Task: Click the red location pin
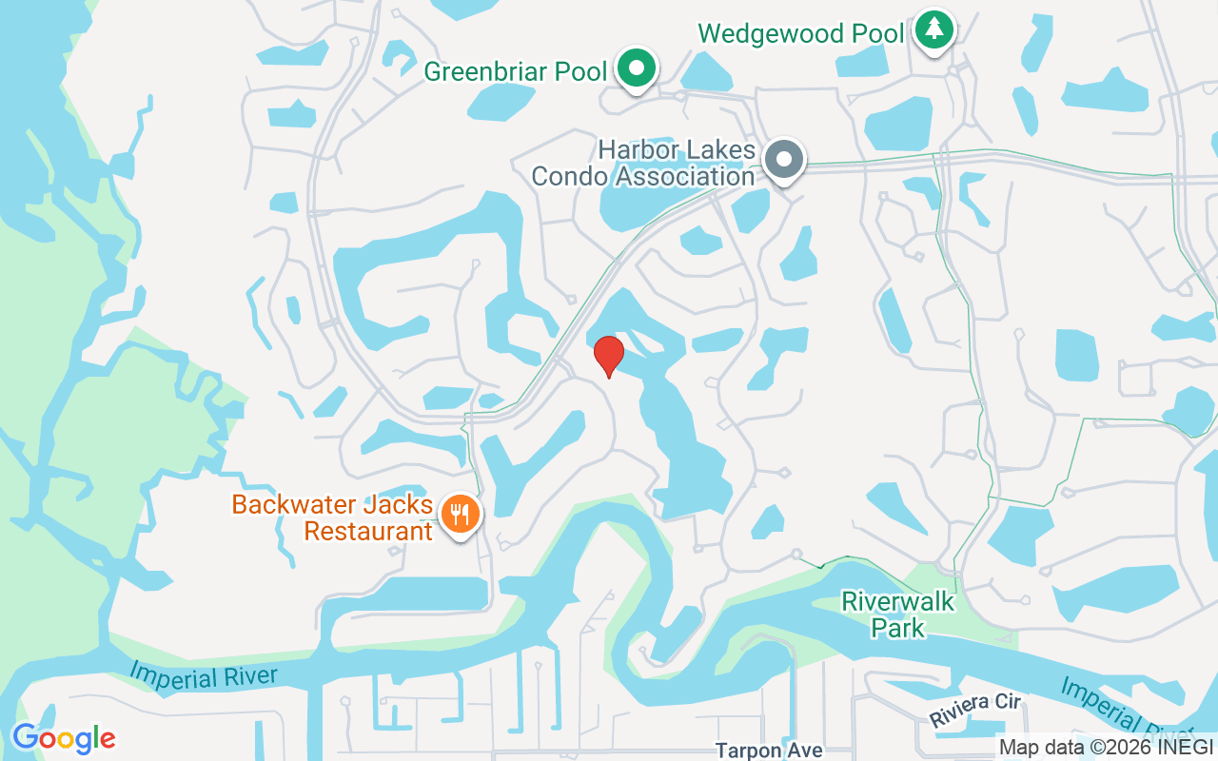coord(609,355)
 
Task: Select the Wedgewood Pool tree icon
coord(934,29)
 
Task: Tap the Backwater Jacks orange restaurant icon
coord(461,515)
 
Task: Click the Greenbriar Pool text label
coord(515,71)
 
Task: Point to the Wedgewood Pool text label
coord(800,33)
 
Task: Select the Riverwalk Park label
coord(897,615)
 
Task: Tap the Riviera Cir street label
coord(975,710)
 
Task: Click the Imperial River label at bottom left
coord(204,676)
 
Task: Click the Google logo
coord(64,738)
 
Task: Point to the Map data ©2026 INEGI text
coord(1106,747)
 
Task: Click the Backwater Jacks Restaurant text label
coord(333,517)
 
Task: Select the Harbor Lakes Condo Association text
coord(643,163)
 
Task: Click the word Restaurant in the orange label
coord(368,531)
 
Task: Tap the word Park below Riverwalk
coord(899,628)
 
